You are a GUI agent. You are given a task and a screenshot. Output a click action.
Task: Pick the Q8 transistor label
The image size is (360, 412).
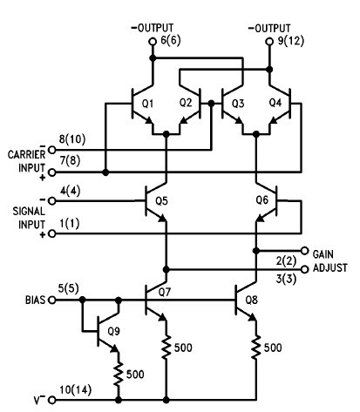tap(261, 305)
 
